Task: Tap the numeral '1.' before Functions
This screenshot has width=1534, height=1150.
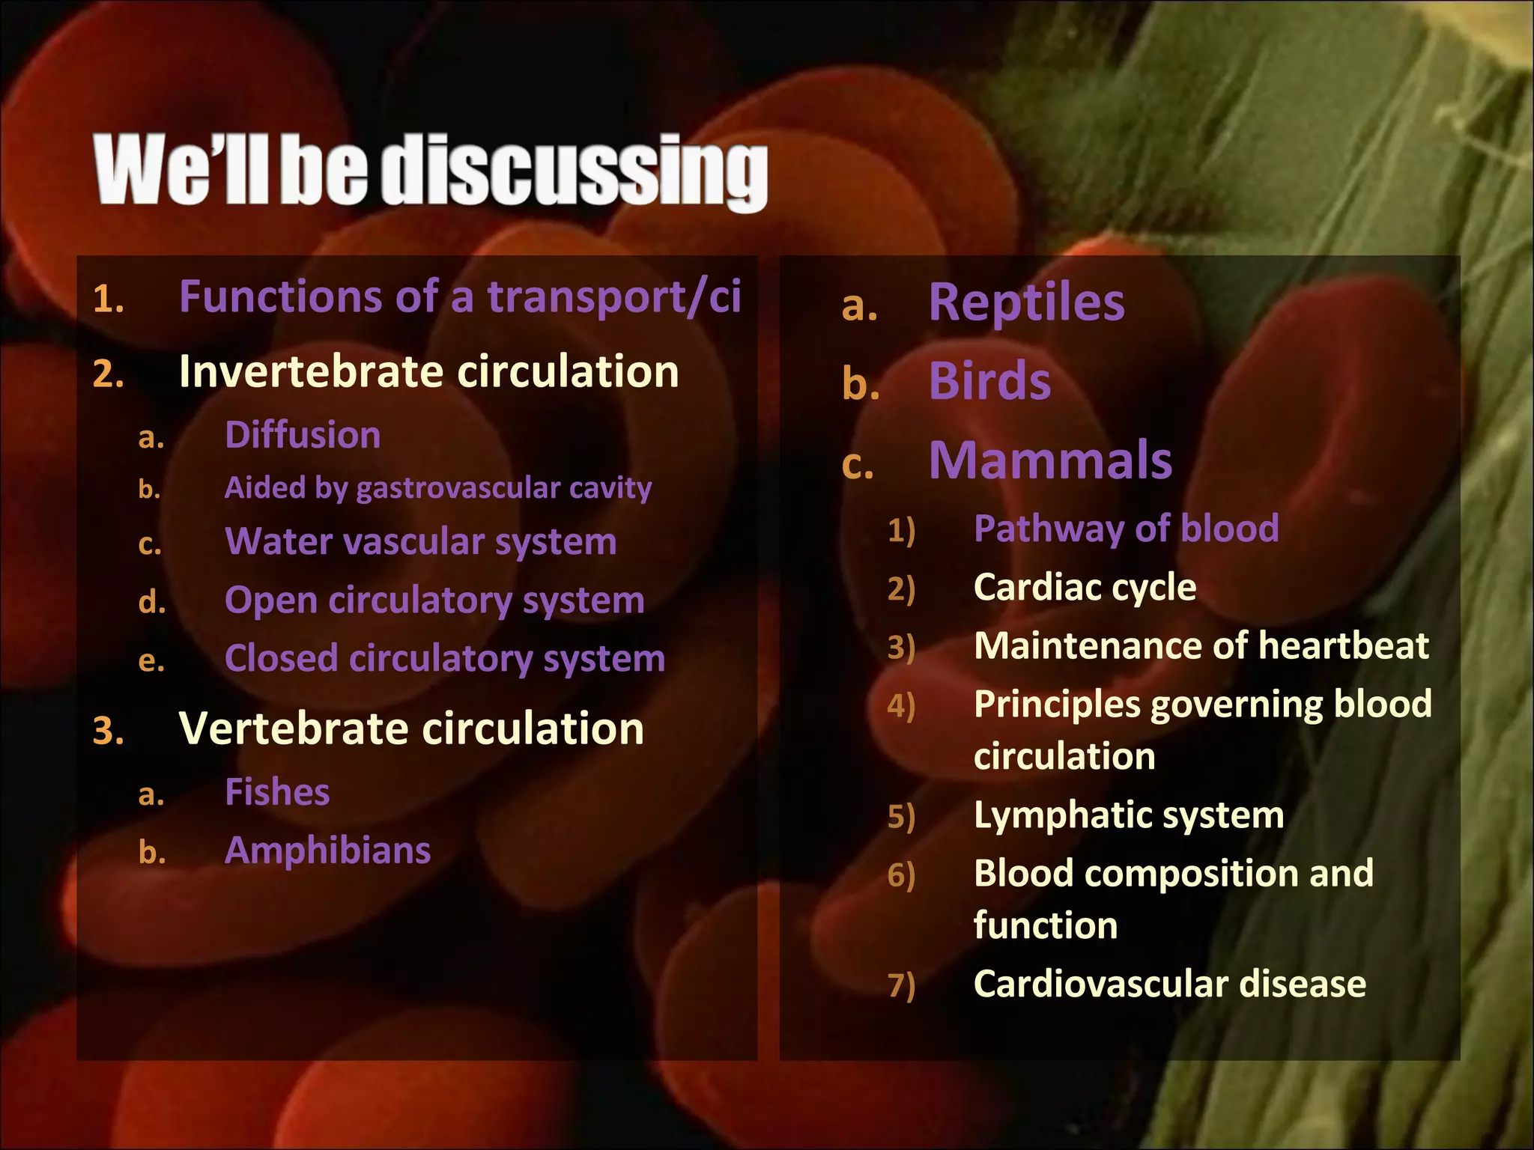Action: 109,299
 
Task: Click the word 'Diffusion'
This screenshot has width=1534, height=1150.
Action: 303,435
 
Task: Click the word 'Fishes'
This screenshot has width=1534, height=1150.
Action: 277,792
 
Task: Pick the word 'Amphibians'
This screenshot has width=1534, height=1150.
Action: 327,851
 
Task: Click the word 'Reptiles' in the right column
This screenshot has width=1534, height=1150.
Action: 1026,302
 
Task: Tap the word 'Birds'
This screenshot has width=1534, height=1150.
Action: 989,382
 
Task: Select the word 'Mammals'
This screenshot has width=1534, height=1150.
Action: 1050,460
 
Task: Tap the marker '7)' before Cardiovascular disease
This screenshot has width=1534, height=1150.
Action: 901,985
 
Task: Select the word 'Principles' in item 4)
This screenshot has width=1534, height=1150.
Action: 1057,705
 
